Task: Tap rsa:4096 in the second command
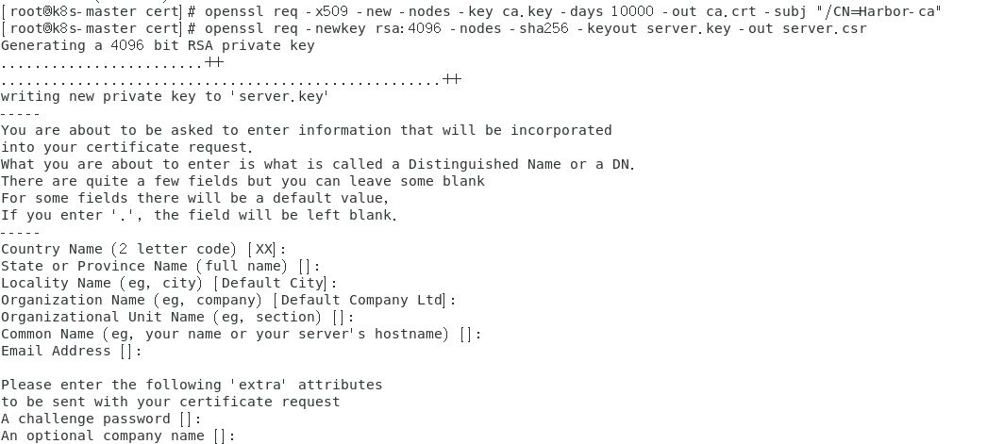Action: (x=443, y=28)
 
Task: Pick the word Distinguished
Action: (x=463, y=164)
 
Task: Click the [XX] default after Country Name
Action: (x=264, y=249)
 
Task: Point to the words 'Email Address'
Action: (x=56, y=351)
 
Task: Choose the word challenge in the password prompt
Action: (x=56, y=419)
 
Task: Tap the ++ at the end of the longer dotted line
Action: (x=452, y=80)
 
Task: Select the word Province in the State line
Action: (x=107, y=266)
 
